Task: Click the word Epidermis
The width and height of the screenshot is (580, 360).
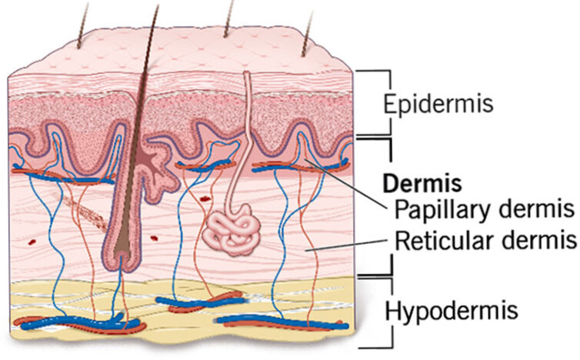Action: pyautogui.click(x=438, y=105)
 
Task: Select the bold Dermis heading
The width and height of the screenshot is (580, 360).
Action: pyautogui.click(x=422, y=183)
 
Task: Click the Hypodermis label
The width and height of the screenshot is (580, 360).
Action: pyautogui.click(x=452, y=310)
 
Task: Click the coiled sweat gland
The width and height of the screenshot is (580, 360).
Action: pyautogui.click(x=232, y=229)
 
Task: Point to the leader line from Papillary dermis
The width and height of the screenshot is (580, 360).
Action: pyautogui.click(x=346, y=183)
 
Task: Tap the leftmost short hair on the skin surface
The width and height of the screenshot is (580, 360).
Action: pyautogui.click(x=83, y=25)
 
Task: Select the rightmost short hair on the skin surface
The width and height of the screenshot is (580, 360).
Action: pyautogui.click(x=308, y=33)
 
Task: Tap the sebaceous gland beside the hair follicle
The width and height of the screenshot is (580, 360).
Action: pyautogui.click(x=157, y=167)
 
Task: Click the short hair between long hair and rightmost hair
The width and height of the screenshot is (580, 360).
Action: pyautogui.click(x=228, y=19)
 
